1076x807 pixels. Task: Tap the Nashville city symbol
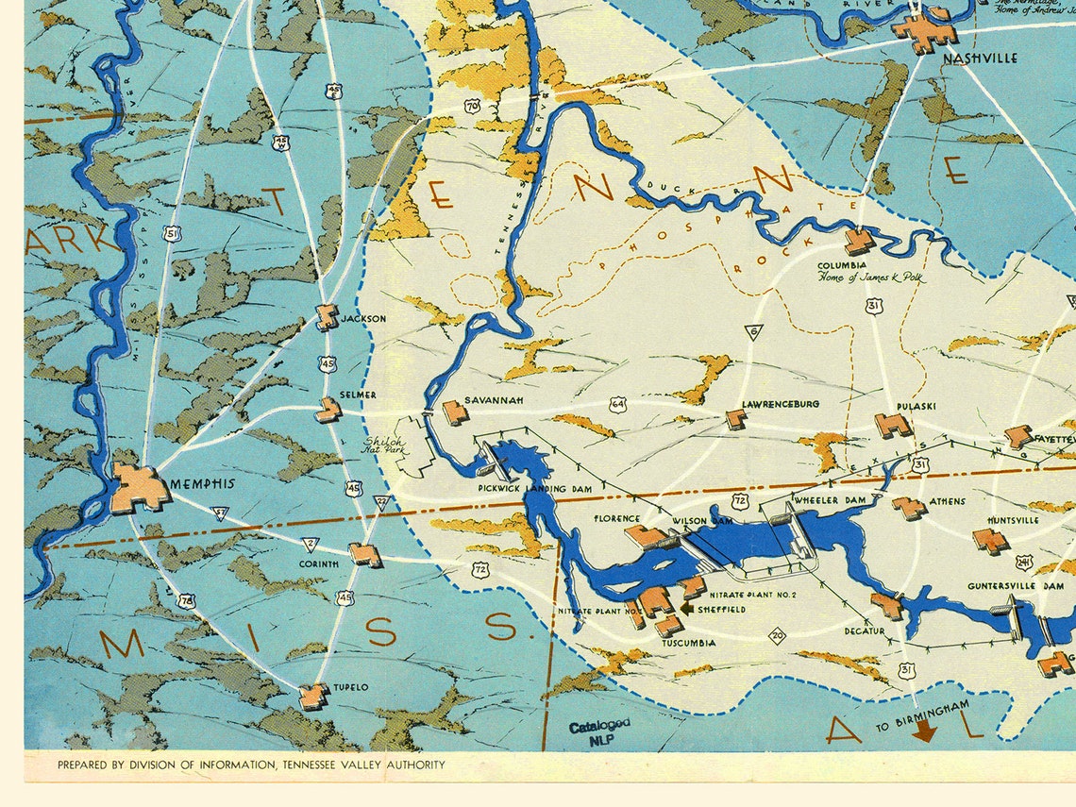point(925,30)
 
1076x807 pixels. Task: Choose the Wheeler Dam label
point(829,499)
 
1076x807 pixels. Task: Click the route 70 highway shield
point(472,107)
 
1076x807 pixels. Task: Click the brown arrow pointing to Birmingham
point(924,730)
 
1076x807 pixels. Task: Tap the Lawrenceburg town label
point(781,404)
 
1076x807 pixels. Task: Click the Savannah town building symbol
point(455,412)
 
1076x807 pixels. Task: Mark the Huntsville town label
point(1013,520)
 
